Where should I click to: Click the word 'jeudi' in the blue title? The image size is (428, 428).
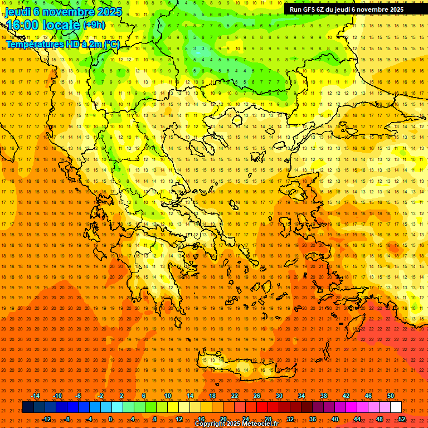tap(17, 12)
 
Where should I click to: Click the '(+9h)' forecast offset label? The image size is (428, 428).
tap(93, 25)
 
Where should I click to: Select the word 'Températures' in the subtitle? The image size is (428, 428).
tap(34, 44)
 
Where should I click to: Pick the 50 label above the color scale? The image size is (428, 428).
tap(391, 396)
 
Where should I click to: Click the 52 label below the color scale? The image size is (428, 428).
tap(402, 419)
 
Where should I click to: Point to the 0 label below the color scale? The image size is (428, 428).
tap(110, 419)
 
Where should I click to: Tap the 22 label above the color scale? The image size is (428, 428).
tap(235, 396)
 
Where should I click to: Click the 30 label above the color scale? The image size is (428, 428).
tap(279, 396)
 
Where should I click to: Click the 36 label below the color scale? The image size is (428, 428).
tap(313, 419)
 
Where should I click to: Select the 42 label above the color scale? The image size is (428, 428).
tap(346, 396)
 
